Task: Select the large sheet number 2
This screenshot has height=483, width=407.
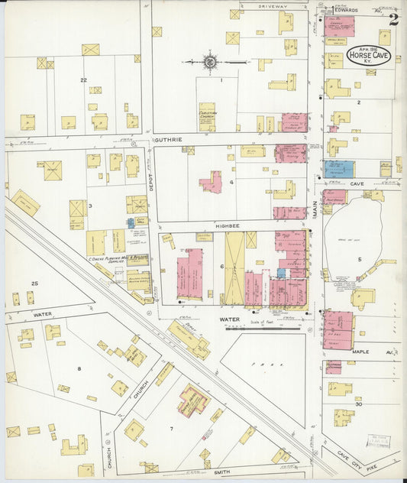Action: [x=393, y=19]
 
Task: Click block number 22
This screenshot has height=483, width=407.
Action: [x=84, y=79]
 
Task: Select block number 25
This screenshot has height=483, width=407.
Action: [x=34, y=284]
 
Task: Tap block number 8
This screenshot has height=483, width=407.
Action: [x=79, y=368]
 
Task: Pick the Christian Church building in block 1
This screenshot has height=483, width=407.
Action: [x=207, y=117]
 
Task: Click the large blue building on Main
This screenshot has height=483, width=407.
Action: [x=338, y=169]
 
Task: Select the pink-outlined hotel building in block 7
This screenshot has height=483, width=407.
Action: [x=192, y=400]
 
